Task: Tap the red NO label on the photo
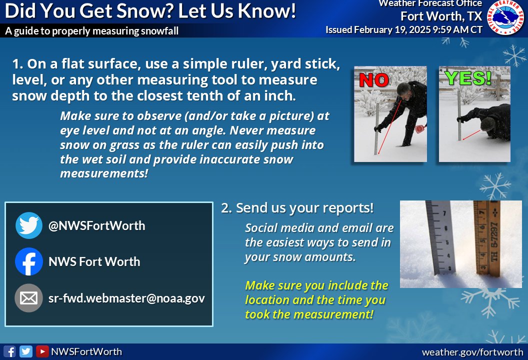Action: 374,80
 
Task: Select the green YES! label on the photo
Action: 468,78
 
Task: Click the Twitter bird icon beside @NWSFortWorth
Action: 29,225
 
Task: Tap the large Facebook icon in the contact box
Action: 29,261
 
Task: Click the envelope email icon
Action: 29,298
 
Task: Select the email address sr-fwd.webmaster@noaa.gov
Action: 126,298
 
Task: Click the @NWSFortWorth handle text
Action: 96,225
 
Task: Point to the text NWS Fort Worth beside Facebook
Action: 94,261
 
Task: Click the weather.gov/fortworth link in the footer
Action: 472,352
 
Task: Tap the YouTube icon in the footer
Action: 42,351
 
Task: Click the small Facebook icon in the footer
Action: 9,351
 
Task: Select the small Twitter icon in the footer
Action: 25,351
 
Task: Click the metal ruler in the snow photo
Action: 439,237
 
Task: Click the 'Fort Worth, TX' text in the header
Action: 441,16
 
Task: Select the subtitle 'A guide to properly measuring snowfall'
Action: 92,31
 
